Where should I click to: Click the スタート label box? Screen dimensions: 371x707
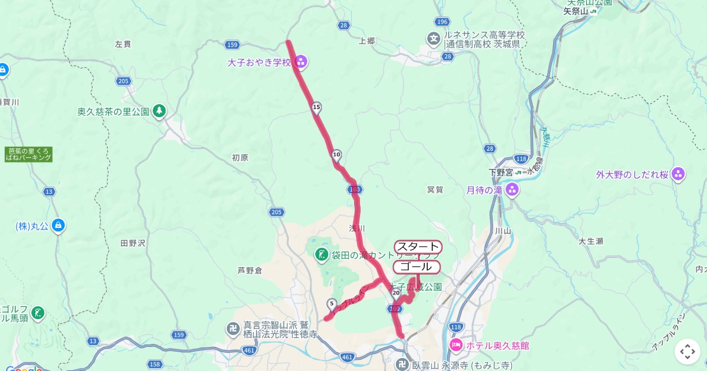(x=418, y=247)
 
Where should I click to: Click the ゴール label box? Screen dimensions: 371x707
(x=416, y=267)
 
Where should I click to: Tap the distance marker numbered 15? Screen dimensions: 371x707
(x=316, y=107)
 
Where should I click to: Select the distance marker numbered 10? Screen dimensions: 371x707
(x=336, y=155)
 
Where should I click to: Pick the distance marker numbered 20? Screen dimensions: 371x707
(x=396, y=292)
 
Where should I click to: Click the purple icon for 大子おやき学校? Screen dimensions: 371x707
(x=301, y=61)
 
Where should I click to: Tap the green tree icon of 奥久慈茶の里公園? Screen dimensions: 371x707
(x=158, y=111)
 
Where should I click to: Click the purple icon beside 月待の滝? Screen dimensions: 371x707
(x=511, y=190)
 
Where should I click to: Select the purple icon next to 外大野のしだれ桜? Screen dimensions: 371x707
(x=678, y=174)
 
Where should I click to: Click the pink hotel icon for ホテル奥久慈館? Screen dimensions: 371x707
(x=456, y=345)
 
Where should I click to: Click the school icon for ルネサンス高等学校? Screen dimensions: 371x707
(x=434, y=39)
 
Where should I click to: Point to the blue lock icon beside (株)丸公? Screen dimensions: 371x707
(x=58, y=225)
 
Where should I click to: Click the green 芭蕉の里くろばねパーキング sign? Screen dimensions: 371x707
(x=28, y=154)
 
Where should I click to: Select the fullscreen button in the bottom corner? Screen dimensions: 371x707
(x=688, y=352)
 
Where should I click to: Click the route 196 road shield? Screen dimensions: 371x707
(x=442, y=22)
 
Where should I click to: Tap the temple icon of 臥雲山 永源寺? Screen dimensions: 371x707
(x=402, y=364)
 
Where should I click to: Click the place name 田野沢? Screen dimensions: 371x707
(x=132, y=243)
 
